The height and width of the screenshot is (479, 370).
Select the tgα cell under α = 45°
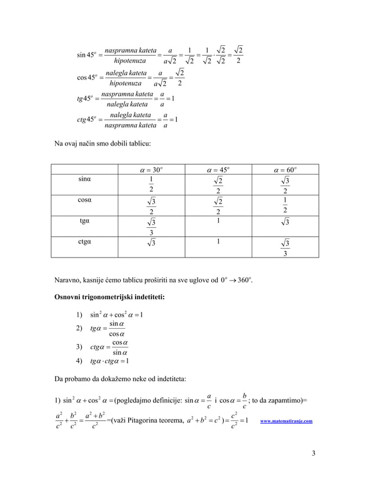217,221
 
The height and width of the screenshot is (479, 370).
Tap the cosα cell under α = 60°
284,205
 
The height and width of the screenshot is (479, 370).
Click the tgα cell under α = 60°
284,222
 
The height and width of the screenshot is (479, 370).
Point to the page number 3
313,452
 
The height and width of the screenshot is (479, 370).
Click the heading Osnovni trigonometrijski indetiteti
109,297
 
